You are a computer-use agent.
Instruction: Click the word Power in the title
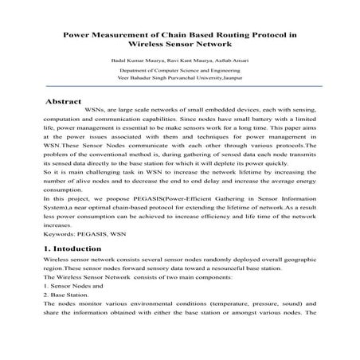tap(80, 35)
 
